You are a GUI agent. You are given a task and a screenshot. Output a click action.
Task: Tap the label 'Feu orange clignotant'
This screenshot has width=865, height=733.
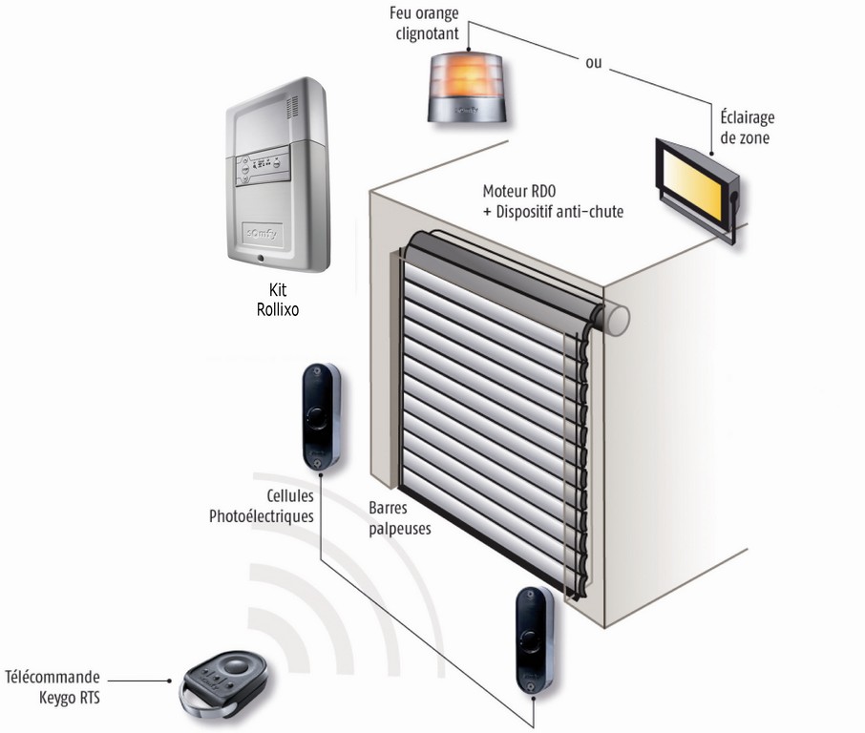tap(424, 24)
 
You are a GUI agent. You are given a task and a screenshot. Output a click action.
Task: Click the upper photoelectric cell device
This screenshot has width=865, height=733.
tap(316, 417)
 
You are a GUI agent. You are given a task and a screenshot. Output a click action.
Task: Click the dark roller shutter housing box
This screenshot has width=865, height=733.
tap(496, 270)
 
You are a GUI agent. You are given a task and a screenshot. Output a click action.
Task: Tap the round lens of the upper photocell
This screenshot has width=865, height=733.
tap(315, 417)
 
